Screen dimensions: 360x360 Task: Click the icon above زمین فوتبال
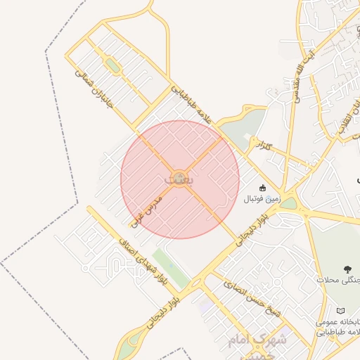pos(262,188)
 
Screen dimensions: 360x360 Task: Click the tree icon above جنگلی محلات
pos(347,269)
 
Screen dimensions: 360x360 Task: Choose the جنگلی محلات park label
pos(341,280)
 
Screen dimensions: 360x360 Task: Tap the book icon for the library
pos(341,310)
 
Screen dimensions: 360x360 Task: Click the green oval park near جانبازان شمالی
pos(111,66)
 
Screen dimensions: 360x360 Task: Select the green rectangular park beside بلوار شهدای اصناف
pos(171,268)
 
